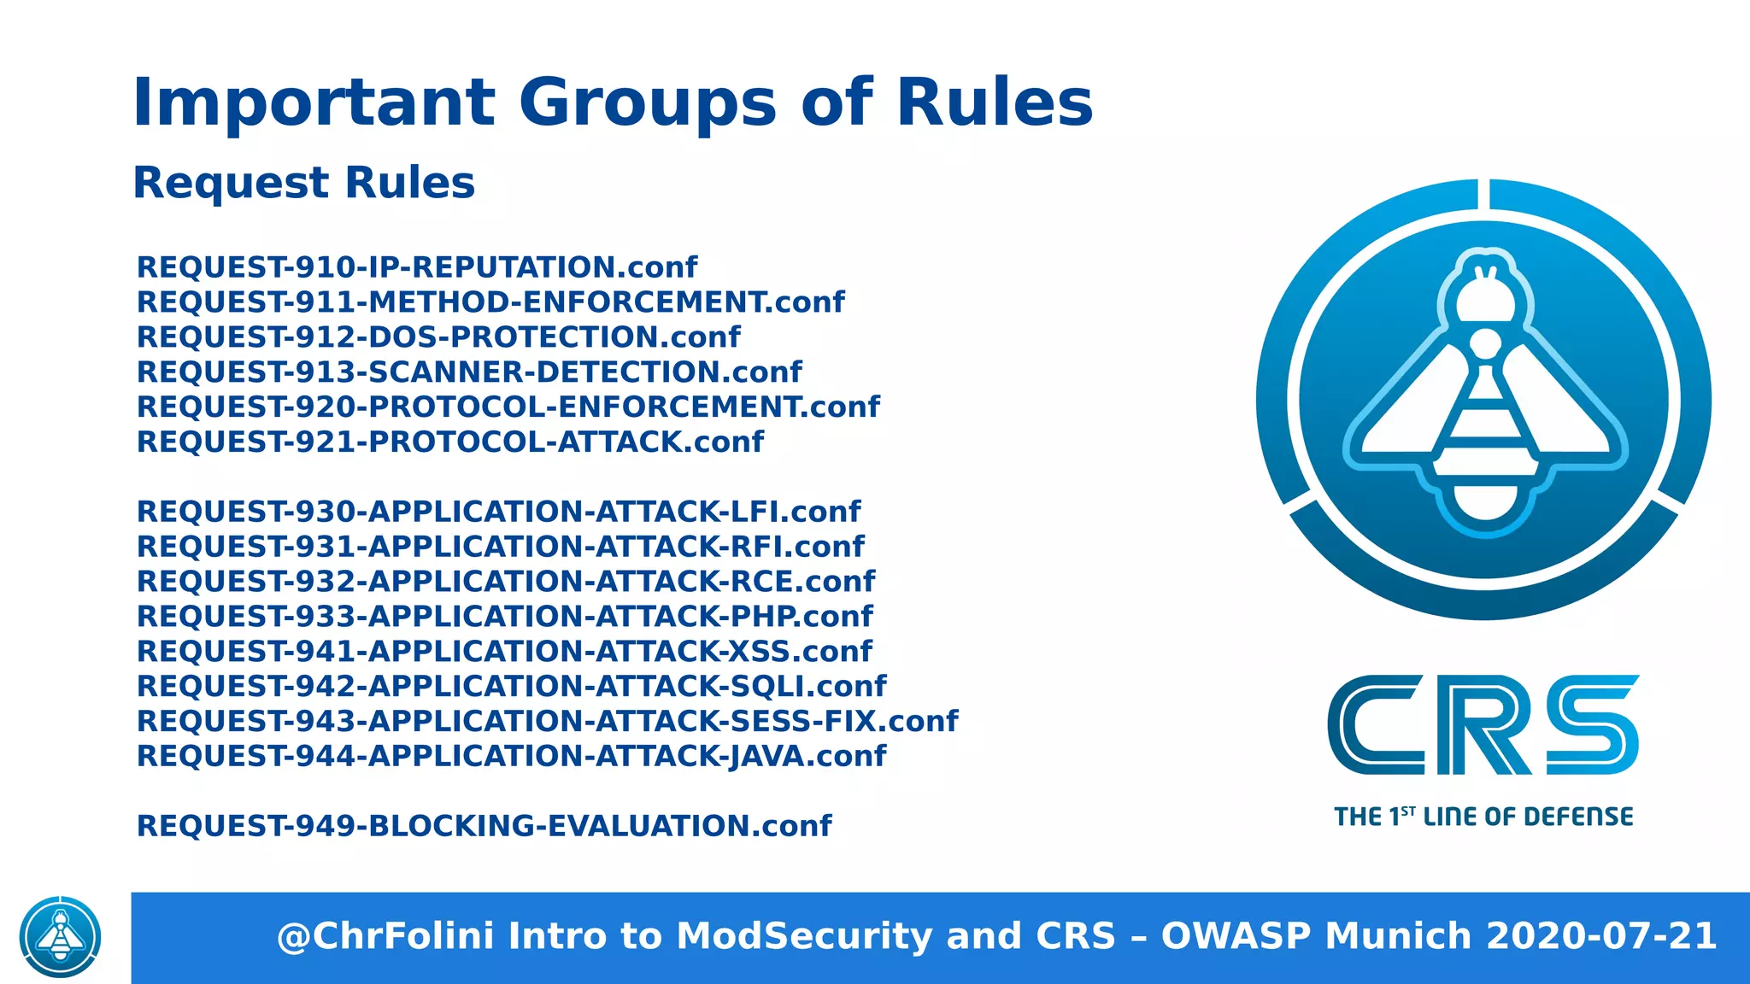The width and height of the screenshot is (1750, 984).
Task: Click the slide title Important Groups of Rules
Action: point(613,102)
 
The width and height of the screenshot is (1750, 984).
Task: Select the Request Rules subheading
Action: point(303,183)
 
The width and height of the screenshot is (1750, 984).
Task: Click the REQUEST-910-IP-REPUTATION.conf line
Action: point(417,267)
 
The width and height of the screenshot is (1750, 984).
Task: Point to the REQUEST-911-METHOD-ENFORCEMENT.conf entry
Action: point(490,302)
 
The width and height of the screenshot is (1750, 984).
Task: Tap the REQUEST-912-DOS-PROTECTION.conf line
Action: point(438,337)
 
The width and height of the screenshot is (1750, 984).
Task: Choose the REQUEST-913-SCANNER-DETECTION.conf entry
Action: point(469,372)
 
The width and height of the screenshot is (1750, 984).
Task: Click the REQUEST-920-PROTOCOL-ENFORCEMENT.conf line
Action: point(508,407)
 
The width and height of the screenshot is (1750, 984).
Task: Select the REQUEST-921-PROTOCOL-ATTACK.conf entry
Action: point(450,442)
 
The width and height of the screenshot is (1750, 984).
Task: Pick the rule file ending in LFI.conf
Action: point(499,512)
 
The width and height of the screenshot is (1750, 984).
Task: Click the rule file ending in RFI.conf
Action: point(501,547)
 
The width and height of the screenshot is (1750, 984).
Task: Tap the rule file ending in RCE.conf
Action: point(506,582)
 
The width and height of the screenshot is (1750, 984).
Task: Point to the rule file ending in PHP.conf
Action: point(505,617)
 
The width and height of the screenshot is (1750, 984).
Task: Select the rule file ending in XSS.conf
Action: point(504,652)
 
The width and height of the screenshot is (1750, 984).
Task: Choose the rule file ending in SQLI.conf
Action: point(512,687)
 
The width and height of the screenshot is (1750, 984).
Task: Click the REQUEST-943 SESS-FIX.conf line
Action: point(548,722)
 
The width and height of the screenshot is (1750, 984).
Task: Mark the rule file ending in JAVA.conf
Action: point(512,757)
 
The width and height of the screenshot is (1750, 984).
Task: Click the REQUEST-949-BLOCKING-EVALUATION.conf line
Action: point(484,826)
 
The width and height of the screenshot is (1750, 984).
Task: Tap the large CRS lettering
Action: point(1483,725)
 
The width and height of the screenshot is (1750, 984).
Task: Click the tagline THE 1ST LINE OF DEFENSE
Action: point(1483,817)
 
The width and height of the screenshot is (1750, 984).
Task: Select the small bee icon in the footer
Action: point(60,937)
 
